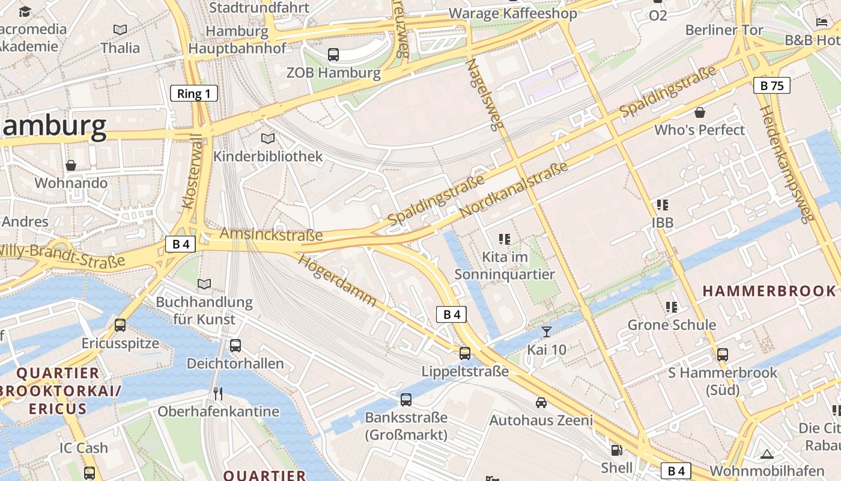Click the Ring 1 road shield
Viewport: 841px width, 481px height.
(x=194, y=93)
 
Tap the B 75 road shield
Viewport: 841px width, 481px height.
(x=772, y=85)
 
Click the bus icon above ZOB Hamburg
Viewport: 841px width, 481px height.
(x=333, y=55)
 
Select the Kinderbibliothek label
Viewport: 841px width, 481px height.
(x=268, y=157)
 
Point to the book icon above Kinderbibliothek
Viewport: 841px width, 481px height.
(x=268, y=139)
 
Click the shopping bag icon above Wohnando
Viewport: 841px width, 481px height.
(x=71, y=165)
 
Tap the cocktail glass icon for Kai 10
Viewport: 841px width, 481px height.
(x=547, y=331)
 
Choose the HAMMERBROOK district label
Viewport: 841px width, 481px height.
(x=769, y=291)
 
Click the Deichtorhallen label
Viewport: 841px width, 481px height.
(x=235, y=364)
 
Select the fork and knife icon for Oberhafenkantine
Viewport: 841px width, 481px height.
(x=218, y=394)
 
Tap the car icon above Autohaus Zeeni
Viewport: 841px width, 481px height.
(x=541, y=402)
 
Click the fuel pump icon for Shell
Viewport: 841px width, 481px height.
(x=616, y=450)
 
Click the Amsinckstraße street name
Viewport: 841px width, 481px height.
(x=272, y=234)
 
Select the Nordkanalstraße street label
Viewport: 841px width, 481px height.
(x=513, y=191)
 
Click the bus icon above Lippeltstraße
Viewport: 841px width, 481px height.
(x=465, y=354)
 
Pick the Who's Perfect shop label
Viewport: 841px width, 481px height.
(x=699, y=130)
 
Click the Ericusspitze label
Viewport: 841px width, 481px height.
(x=121, y=343)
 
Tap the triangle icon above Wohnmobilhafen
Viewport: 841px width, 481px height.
(x=767, y=453)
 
